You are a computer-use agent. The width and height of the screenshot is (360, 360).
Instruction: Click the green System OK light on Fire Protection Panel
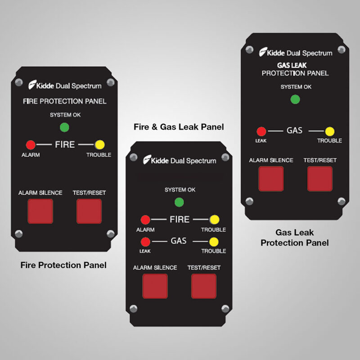64,127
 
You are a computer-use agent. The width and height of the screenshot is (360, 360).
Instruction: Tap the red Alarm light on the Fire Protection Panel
31,145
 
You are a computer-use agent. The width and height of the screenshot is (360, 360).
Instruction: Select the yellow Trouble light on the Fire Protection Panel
100,145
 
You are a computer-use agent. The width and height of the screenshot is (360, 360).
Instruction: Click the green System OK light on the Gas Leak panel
295,99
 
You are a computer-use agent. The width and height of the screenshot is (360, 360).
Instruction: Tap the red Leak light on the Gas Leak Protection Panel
261,131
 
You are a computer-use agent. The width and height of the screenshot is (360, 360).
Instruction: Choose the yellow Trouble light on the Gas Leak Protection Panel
330,131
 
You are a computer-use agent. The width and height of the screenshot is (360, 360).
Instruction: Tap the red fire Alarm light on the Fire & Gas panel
145,220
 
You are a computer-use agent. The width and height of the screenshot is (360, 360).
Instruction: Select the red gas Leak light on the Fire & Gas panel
145,241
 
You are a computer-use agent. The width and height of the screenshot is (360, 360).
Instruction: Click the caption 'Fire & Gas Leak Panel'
179,127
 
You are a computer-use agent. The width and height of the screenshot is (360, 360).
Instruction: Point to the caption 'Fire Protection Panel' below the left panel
63,265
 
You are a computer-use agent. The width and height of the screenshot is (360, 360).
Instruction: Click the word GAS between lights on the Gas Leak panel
295,131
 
